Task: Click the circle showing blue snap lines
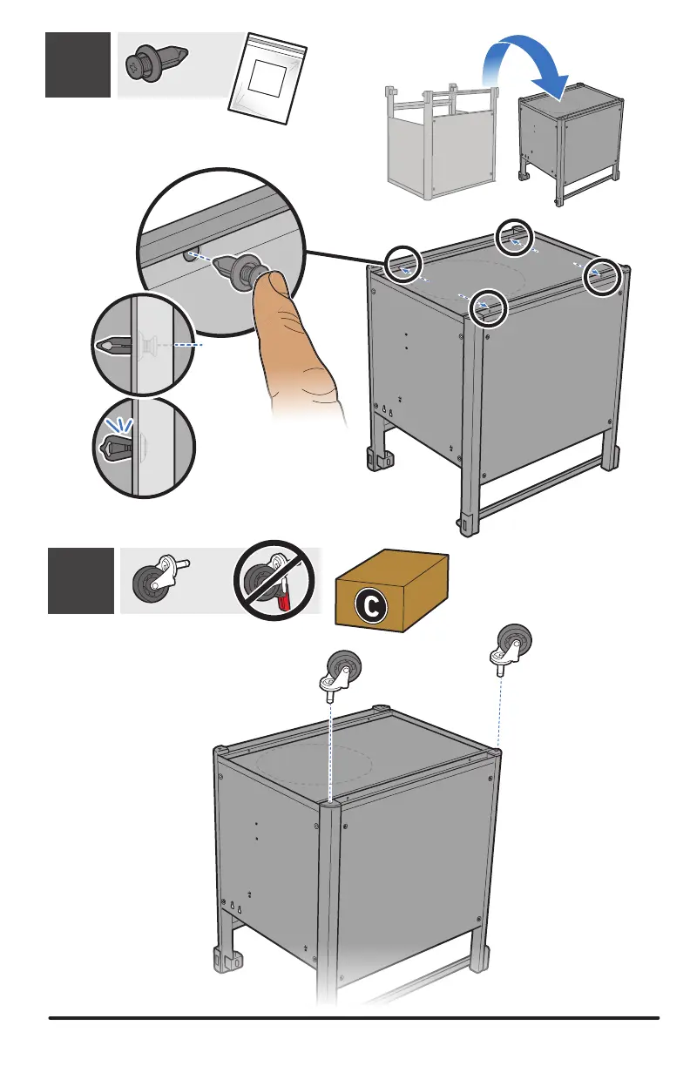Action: (142, 446)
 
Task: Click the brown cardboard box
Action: (391, 589)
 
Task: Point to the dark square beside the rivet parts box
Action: (78, 64)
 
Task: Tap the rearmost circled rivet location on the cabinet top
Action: (513, 236)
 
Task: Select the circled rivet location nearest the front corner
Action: (488, 307)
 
